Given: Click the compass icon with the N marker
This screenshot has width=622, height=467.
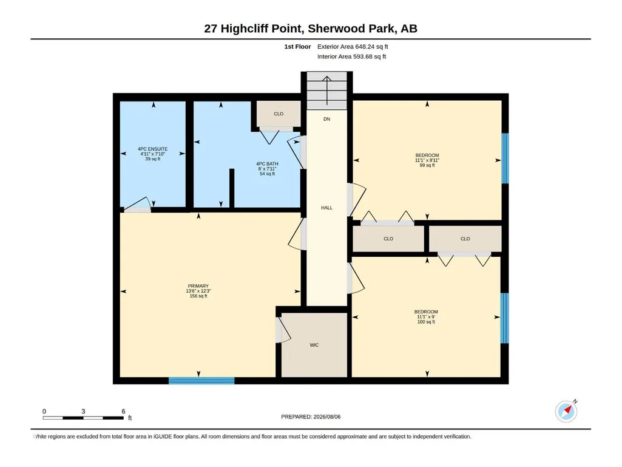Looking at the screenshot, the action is click(566, 411).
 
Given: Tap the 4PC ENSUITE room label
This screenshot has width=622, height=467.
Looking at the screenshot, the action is click(153, 149).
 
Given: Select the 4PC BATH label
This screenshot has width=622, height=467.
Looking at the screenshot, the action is click(267, 163).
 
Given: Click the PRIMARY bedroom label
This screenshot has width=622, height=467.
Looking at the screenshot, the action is click(198, 286).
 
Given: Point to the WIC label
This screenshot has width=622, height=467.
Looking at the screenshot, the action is click(314, 345).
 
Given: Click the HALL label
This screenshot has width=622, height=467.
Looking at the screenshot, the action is click(327, 208).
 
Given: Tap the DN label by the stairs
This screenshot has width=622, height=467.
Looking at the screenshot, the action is click(327, 119).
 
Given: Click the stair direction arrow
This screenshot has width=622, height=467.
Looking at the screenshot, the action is click(327, 90).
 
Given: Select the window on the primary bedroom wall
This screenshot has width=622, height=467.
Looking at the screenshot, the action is click(201, 381).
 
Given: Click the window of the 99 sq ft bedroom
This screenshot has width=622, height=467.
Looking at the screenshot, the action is click(505, 158).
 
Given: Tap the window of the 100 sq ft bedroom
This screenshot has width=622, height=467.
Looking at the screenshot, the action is click(505, 318).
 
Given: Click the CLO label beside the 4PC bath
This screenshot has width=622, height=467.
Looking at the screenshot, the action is click(279, 114).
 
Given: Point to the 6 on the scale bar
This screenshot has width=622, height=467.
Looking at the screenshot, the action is click(123, 411).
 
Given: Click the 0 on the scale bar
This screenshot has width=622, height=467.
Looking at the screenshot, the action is click(44, 411).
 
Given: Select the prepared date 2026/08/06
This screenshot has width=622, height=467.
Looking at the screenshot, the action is click(327, 417).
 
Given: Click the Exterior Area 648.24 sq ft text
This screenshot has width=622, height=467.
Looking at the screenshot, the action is click(353, 47).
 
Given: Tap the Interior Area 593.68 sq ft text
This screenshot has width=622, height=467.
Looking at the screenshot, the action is click(351, 56).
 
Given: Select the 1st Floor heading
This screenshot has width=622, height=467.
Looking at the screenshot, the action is click(297, 47).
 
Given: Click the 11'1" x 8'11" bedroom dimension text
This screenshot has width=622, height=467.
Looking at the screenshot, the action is click(427, 160).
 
